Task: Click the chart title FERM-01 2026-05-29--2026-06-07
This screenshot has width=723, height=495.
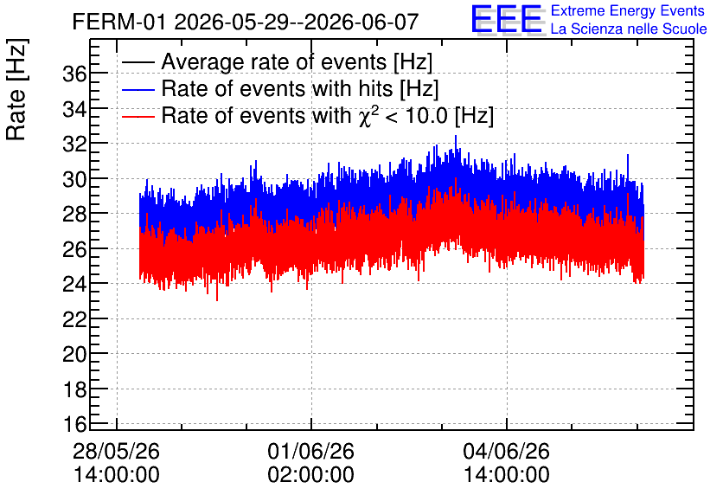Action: click(246, 22)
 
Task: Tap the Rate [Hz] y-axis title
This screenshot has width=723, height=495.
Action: click(16, 89)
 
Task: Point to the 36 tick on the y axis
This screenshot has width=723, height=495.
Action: click(74, 74)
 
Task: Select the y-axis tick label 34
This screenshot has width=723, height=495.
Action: click(74, 109)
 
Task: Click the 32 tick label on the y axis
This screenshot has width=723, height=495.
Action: click(74, 144)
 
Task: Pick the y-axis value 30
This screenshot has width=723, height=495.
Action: click(74, 179)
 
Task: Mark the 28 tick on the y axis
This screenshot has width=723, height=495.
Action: click(74, 214)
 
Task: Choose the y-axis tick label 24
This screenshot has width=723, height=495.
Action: click(74, 284)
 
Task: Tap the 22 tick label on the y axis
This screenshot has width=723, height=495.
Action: click(74, 318)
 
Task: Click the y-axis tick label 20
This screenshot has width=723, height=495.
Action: click(74, 354)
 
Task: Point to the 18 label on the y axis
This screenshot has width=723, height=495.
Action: click(74, 389)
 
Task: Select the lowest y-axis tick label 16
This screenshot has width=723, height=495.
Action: click(74, 423)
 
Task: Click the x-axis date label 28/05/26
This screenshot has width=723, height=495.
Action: click(116, 451)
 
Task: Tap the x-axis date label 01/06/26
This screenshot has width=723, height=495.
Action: click(311, 451)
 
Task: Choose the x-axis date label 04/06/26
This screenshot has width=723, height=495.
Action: click(506, 451)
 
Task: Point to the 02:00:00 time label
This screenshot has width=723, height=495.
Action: click(311, 475)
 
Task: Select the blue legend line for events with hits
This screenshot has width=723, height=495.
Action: click(138, 89)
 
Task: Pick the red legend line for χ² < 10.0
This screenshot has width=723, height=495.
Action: click(138, 116)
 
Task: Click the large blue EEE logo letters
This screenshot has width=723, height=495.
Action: click(507, 19)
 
